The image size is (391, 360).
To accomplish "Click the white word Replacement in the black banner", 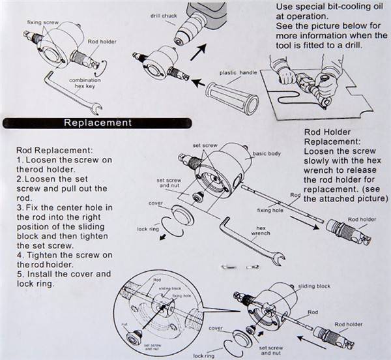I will pyautogui.click(x=97, y=123).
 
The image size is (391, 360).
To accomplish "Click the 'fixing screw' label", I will pyautogui.click(x=40, y=22).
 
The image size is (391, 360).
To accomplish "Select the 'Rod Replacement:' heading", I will pyautogui.click(x=56, y=149).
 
